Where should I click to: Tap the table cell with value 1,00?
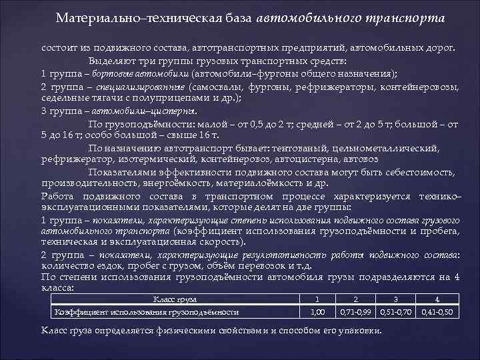(318, 311)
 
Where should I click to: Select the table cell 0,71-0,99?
(357, 311)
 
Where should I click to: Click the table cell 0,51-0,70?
(397, 311)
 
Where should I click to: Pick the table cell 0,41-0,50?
(437, 311)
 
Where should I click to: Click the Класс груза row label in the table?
(170, 299)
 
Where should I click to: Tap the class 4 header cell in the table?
(437, 299)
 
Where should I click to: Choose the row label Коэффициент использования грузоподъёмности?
(147, 311)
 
